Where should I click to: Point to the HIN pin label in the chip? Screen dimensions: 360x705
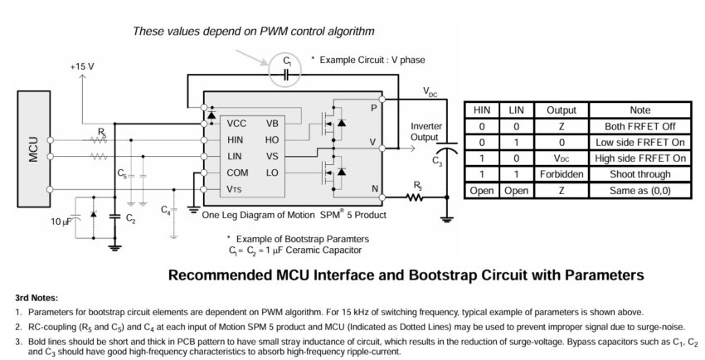point(236,140)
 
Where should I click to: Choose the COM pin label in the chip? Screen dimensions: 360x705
point(239,173)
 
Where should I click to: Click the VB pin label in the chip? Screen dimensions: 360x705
point(272,124)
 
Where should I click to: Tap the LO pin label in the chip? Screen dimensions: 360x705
point(272,173)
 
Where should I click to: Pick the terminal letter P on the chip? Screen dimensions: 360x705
point(374,108)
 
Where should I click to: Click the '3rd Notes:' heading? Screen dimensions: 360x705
point(37,297)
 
